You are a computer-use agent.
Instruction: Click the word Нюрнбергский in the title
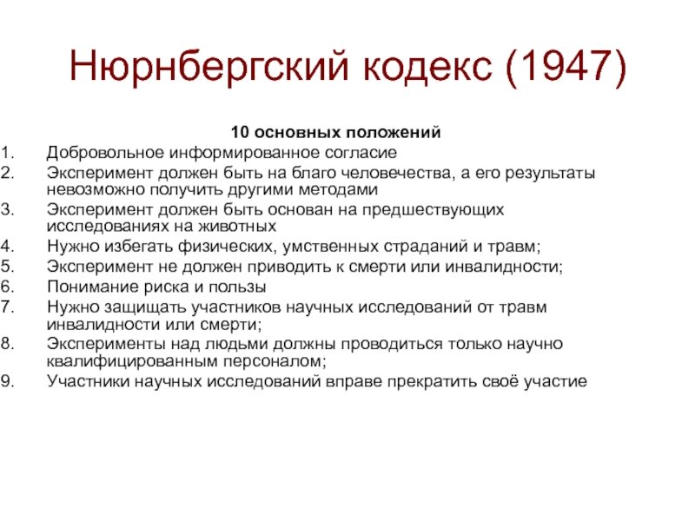point(208,67)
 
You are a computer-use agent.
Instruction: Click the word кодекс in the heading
point(427,67)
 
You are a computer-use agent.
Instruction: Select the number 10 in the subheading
point(240,132)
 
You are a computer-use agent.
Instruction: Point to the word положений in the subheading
point(394,132)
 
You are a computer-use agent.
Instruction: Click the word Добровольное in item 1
point(105,153)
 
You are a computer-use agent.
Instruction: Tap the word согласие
point(361,153)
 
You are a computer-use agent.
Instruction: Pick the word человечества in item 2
point(395,172)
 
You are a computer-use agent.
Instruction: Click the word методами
point(338,189)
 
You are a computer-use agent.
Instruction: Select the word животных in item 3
point(236,226)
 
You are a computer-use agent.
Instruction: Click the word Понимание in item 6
point(93,287)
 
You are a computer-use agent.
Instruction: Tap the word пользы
point(236,287)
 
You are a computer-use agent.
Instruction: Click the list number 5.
point(8,267)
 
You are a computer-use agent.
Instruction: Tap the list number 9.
point(8,381)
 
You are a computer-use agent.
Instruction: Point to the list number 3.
point(8,209)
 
